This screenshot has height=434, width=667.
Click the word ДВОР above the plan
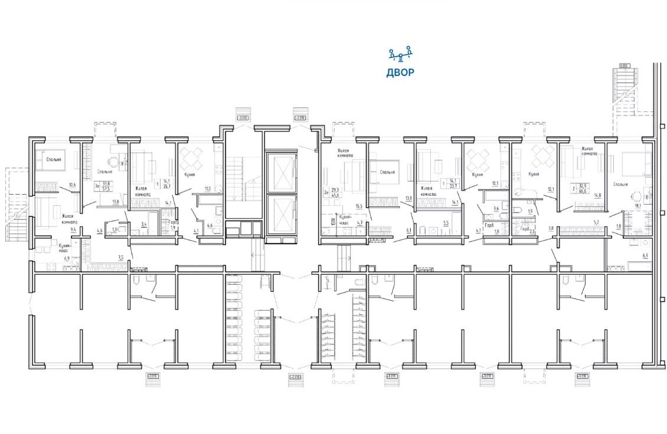click(400, 73)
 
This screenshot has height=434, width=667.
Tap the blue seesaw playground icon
click(400, 56)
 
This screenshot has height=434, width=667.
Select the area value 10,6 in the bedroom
click(72, 185)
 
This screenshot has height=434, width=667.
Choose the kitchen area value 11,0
click(207, 189)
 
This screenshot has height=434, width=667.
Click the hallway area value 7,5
click(121, 257)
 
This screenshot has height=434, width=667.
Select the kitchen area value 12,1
click(550, 189)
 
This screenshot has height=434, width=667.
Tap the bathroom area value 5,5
click(445, 223)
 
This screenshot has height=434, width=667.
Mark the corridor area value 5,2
click(596, 222)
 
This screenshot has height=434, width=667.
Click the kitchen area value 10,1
click(496, 183)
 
